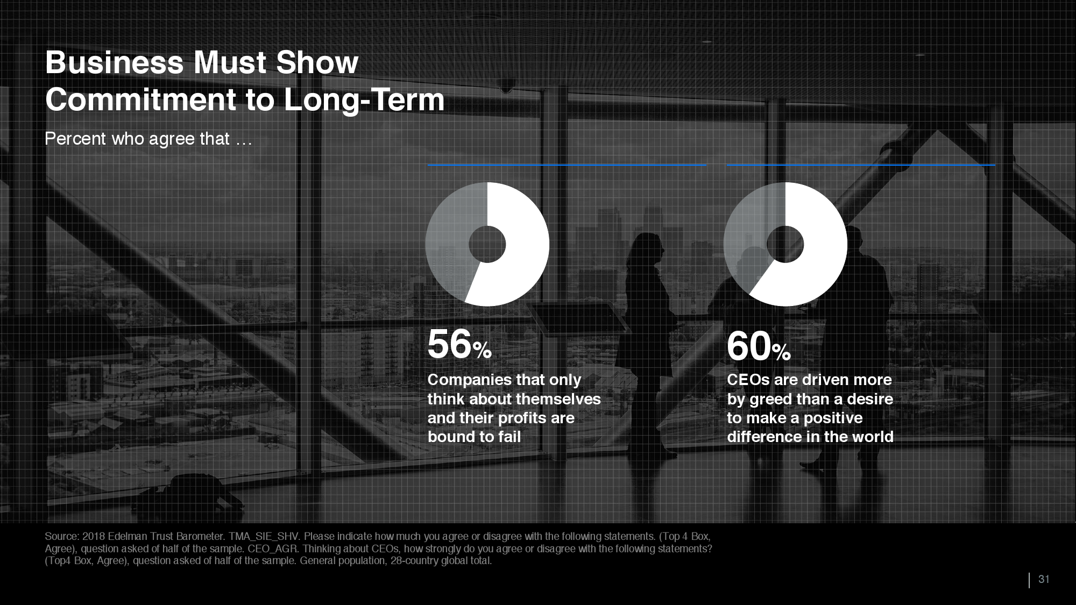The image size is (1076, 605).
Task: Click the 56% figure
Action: pos(459,344)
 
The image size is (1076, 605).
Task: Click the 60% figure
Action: pos(759,346)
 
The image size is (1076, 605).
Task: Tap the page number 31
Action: pos(1044,579)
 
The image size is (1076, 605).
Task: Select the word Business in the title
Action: pos(115,63)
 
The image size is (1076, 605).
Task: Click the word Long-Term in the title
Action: pos(364,100)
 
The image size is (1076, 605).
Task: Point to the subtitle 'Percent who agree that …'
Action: pos(148,139)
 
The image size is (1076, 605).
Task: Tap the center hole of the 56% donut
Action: pos(487,245)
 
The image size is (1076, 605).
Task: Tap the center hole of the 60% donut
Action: pos(785,245)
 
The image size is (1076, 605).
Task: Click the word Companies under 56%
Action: pos(469,380)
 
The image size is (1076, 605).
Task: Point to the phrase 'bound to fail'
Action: pos(474,437)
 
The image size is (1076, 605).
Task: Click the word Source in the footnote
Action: pos(61,536)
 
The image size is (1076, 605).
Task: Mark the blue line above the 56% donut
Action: pos(567,165)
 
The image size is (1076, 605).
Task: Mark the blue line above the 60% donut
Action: pos(861,165)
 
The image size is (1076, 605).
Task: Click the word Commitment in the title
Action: pos(141,100)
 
